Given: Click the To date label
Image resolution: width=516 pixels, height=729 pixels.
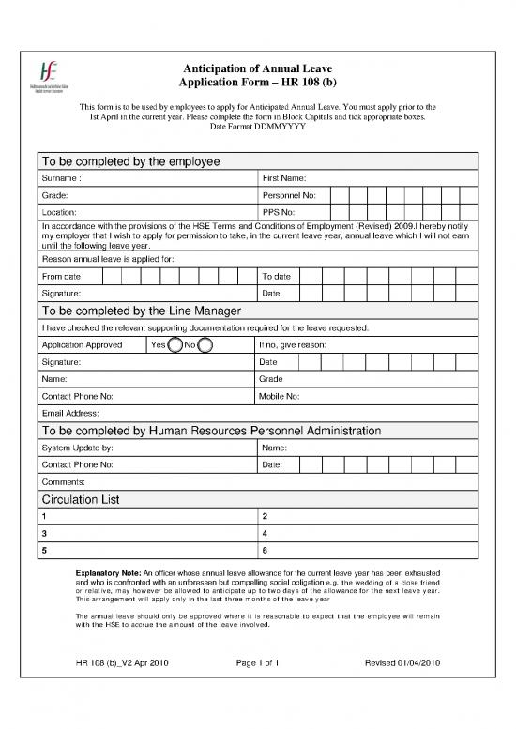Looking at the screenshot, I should tap(276, 276).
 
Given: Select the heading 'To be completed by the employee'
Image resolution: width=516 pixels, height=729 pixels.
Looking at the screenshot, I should tap(130, 161).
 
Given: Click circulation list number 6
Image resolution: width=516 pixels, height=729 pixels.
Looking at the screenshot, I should tap(266, 550).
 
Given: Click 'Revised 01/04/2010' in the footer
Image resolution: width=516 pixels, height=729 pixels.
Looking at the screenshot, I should tap(402, 665).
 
